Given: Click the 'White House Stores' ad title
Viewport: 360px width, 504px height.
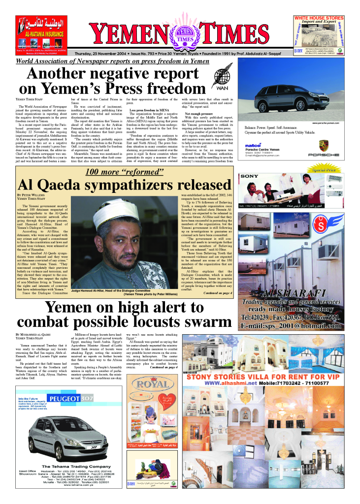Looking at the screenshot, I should point(319,18).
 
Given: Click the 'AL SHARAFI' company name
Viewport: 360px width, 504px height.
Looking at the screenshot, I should point(297,292).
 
